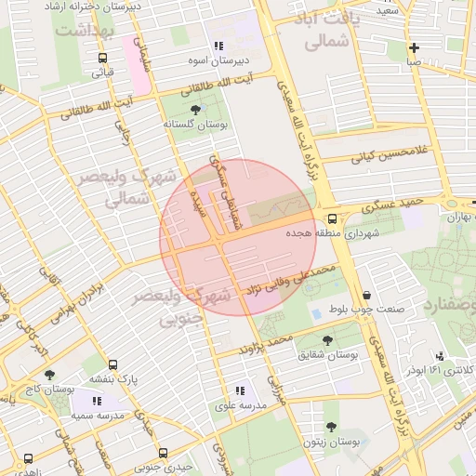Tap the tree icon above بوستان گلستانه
194,110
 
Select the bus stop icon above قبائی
103,57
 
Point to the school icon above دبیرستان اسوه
218,46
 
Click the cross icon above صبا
414,47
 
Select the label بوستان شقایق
328,354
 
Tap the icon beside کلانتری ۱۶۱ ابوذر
440,356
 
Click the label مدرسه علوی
241,405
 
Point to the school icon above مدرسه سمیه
97,401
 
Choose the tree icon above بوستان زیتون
331,427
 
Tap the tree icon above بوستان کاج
49,374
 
